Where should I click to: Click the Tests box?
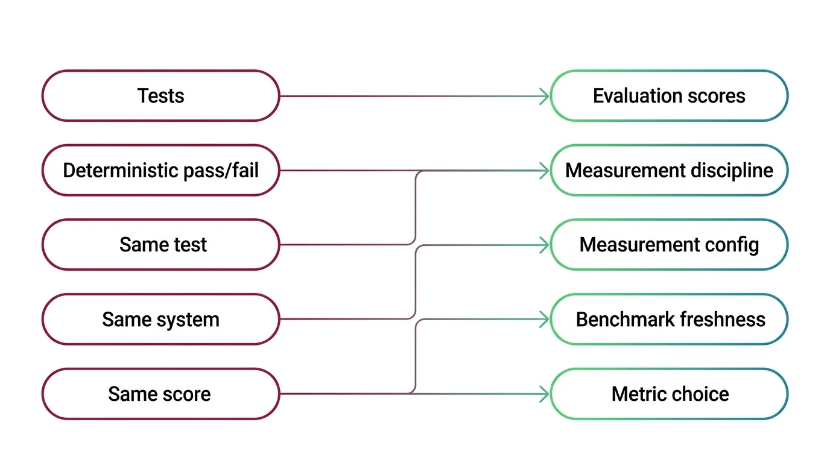[160, 96]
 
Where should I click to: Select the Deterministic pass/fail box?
[160, 170]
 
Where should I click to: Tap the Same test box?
[160, 245]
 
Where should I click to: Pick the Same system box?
[160, 320]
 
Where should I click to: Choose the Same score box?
[160, 394]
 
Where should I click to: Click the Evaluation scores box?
[669, 96]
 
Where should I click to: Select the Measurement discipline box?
[669, 170]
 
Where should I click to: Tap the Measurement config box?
[669, 245]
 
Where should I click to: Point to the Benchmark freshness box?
[669, 320]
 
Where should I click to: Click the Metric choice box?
[669, 394]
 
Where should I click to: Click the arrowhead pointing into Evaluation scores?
[544, 96]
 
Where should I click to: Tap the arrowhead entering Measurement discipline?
[544, 171]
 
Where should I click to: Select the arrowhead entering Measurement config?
[544, 245]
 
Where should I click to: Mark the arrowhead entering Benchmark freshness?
[544, 320]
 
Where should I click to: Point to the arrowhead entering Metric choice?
[544, 394]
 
